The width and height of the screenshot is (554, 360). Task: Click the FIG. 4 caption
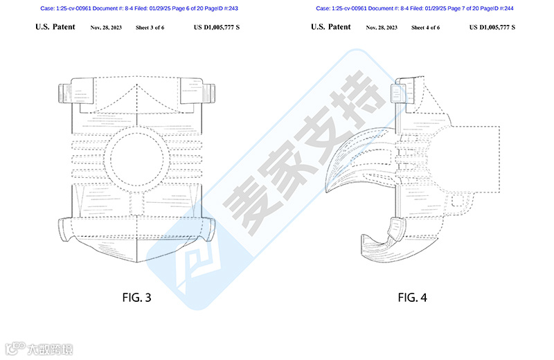(x=412, y=298)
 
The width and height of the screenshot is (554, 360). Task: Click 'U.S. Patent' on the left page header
(x=55, y=28)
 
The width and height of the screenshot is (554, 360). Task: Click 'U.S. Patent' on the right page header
(x=331, y=28)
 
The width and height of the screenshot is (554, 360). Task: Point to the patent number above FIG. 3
(x=218, y=28)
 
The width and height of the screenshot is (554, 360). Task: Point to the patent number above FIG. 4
(x=494, y=28)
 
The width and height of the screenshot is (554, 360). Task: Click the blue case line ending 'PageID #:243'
(x=138, y=8)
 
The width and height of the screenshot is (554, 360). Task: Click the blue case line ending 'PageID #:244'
(x=415, y=8)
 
